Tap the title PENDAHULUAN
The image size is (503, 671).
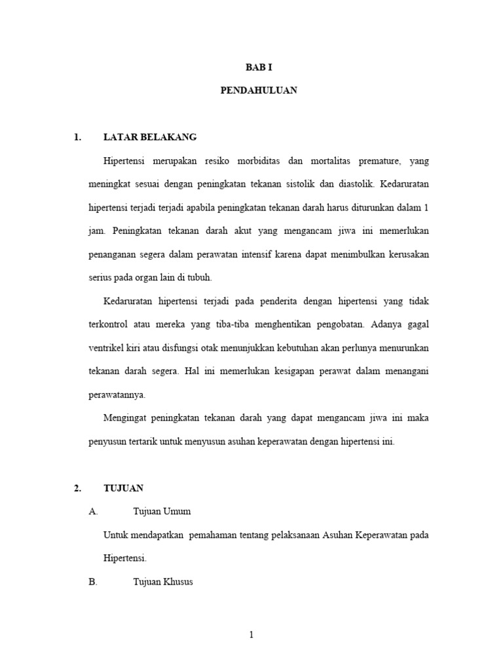258,90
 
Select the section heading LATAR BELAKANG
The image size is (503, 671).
150,137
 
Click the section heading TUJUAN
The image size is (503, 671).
123,488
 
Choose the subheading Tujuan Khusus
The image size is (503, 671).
163,582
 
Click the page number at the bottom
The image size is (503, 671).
251,634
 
